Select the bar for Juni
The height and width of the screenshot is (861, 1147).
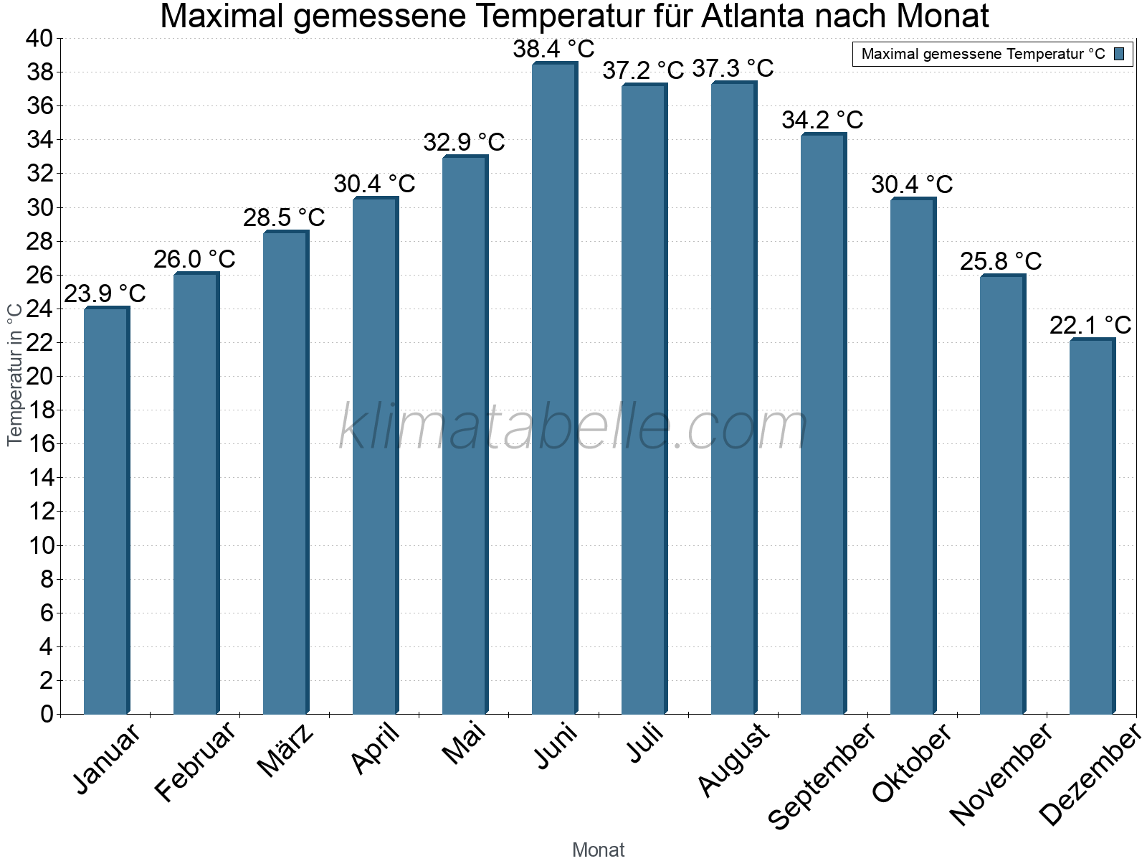coord(554,387)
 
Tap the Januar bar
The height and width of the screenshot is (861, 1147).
coord(106,510)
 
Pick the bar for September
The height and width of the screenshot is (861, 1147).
coord(823,423)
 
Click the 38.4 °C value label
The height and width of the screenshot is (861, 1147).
coord(553,49)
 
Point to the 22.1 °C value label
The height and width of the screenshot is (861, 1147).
coord(1090,325)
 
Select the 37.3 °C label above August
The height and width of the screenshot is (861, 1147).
coord(733,68)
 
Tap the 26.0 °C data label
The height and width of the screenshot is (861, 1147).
coord(194,259)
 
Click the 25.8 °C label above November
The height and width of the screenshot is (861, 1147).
coord(1001,261)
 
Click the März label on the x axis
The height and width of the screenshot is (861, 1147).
coord(286,751)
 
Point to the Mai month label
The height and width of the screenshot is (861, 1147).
coord(464,743)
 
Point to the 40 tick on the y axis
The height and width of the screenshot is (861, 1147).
coord(39,38)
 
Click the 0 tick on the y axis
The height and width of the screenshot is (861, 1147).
coord(47,714)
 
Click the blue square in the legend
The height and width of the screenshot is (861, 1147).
coord(1119,54)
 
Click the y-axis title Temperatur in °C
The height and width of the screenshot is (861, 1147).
coord(15,374)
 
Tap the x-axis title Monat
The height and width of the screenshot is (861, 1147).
coord(598,850)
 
